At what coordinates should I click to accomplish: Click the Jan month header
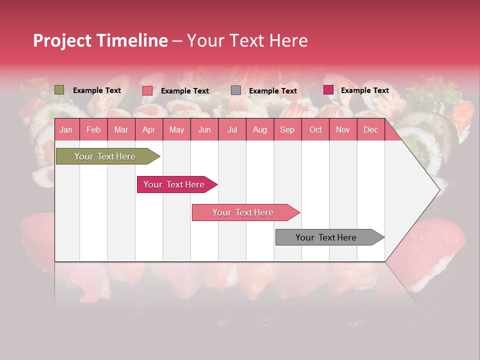(x=66, y=129)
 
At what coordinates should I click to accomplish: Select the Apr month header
(x=149, y=129)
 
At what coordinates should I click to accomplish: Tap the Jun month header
(x=204, y=129)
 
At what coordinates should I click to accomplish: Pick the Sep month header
(x=287, y=129)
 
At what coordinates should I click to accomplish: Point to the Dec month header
(x=370, y=129)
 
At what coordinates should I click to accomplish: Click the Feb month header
(x=93, y=129)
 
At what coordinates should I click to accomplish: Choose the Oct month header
(x=315, y=129)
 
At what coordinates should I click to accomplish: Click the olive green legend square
(x=59, y=90)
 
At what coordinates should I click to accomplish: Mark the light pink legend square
(x=147, y=90)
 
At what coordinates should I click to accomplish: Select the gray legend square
(x=236, y=90)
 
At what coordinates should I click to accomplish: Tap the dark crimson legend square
(x=328, y=90)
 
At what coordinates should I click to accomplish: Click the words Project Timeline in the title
(x=100, y=40)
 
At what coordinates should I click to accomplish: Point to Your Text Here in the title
(x=247, y=40)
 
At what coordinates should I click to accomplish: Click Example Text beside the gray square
(x=273, y=91)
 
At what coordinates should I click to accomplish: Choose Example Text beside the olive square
(x=97, y=90)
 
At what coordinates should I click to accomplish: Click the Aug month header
(x=260, y=129)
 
